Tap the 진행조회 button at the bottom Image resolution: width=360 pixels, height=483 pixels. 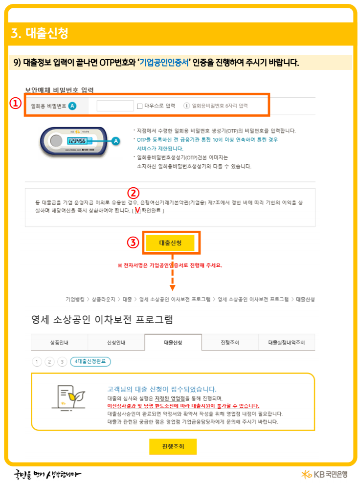coord(173,446)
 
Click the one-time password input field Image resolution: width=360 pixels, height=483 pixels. coord(115,106)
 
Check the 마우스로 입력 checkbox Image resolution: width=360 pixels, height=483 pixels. coord(140,106)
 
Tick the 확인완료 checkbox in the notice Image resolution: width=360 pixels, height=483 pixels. coord(137,211)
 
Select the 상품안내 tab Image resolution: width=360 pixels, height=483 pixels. coord(59,343)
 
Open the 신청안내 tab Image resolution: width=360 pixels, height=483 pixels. coord(116,343)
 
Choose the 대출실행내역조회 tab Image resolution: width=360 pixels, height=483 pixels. coord(286,343)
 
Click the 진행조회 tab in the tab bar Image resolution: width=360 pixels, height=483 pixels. coord(230,343)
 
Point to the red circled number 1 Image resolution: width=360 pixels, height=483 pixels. coord(16,104)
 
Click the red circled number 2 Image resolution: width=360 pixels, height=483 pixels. coord(134,193)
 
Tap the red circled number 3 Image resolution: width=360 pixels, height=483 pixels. coord(133,242)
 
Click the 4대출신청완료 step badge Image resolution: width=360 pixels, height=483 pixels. coord(90,362)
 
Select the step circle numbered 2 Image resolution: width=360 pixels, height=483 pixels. coord(49,362)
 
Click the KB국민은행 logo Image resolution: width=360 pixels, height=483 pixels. coord(324,474)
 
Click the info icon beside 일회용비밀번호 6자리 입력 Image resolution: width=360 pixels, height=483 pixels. coord(186,106)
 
